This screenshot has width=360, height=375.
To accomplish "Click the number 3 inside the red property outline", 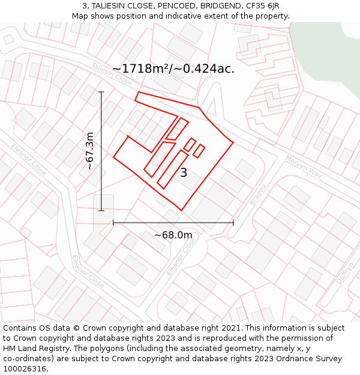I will [184, 173].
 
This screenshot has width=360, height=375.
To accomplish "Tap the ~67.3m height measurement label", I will [89, 151].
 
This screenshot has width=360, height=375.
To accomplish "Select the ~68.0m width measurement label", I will [173, 235].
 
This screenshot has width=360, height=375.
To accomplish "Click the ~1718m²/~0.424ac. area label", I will [173, 68].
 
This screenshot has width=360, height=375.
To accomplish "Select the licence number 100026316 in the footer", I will [25, 369].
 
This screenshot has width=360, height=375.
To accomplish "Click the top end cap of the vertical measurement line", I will [101, 92].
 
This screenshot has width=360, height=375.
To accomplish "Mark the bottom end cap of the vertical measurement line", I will [101, 211].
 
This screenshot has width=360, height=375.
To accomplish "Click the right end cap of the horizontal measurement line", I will [233, 223].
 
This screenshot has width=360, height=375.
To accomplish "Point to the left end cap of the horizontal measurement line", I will [113, 223].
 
